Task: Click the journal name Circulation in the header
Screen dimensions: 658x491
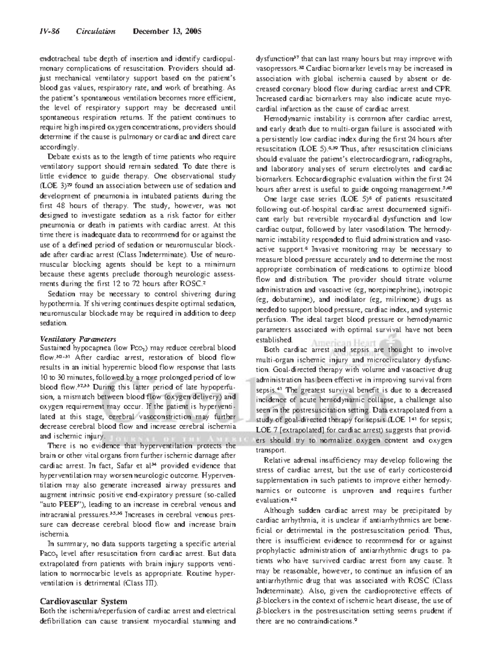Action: [96, 32]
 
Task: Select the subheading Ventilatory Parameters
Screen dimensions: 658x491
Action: [78, 339]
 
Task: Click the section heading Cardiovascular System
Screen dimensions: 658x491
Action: [83, 601]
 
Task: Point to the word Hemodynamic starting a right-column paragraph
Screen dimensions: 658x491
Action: [285, 119]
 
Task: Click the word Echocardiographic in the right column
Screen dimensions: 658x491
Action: [300, 179]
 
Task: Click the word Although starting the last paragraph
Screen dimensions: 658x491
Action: [279, 511]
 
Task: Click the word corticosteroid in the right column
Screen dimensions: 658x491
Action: [430, 470]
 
